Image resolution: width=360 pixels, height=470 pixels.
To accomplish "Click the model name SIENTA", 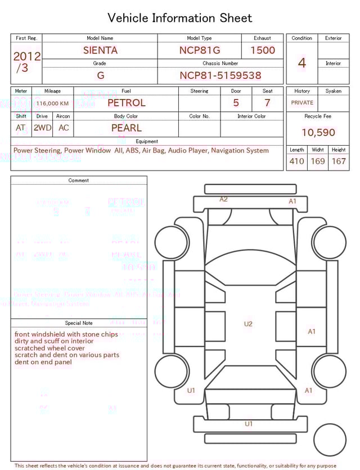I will pyautogui.click(x=100, y=50).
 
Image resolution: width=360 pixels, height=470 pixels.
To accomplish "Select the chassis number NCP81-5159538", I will pyautogui.click(x=220, y=75).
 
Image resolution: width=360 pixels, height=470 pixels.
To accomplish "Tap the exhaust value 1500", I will pyautogui.click(x=263, y=50).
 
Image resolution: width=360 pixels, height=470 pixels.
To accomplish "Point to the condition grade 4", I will pyautogui.click(x=302, y=63).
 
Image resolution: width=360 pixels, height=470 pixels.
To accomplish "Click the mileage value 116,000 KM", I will pyautogui.click(x=53, y=104).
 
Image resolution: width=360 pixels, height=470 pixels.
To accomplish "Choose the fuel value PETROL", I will pyautogui.click(x=126, y=103).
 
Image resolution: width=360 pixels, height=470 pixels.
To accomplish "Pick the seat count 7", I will pyautogui.click(x=267, y=103).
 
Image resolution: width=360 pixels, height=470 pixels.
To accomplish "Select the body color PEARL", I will pyautogui.click(x=126, y=128).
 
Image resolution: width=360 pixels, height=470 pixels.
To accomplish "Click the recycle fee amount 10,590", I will pyautogui.click(x=318, y=133).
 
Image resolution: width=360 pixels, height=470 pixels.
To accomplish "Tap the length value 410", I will pyautogui.click(x=296, y=162).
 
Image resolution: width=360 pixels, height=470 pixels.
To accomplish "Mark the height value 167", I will pyautogui.click(x=339, y=162).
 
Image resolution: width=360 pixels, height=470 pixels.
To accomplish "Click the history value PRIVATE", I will pyautogui.click(x=302, y=103).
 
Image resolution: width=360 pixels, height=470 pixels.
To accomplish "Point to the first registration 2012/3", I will pyautogui.click(x=26, y=62).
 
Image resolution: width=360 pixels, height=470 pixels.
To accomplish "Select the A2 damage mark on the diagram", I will pyautogui.click(x=223, y=199).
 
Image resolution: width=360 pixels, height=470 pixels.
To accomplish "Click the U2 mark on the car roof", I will pyautogui.click(x=248, y=324).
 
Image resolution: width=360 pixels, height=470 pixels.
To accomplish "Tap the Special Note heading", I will pyautogui.click(x=79, y=323).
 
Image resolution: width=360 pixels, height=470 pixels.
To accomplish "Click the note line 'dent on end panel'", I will pyautogui.click(x=43, y=362).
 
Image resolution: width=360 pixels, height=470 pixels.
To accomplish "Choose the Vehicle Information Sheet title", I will pyautogui.click(x=180, y=18).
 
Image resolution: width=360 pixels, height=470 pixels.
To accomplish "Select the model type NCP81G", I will pyautogui.click(x=200, y=50).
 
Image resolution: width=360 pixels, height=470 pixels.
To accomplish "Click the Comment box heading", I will pyautogui.click(x=79, y=181).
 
